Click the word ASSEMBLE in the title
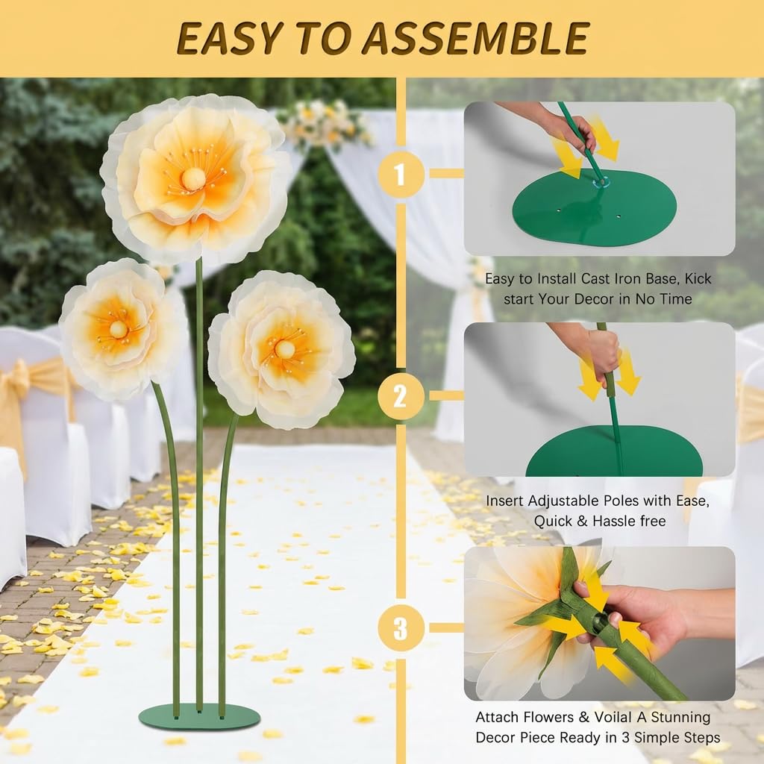[475, 39]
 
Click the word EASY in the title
[230, 39]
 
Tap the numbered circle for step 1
[401, 174]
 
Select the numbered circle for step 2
[401, 395]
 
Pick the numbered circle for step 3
[401, 627]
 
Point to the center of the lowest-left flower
[119, 329]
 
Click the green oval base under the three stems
[198, 716]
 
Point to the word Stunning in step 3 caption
[680, 718]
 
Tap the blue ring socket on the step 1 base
[600, 182]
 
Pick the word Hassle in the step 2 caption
[614, 522]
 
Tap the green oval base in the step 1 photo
[595, 208]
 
